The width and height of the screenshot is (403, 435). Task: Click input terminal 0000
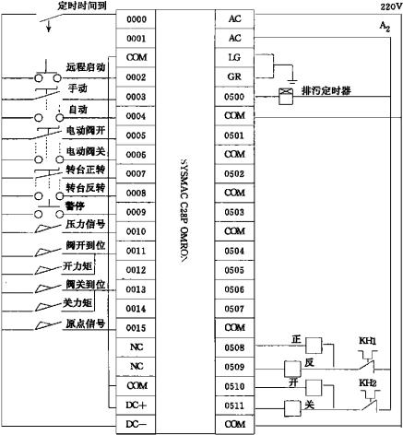136,19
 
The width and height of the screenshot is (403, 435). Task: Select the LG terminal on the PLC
234,57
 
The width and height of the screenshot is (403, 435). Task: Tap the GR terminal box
234,76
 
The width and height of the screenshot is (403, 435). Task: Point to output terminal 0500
234,97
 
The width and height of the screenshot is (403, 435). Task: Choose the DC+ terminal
136,406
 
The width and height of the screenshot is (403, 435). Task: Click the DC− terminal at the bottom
136,424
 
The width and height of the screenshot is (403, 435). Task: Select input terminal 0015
136,328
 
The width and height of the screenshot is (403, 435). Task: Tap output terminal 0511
234,406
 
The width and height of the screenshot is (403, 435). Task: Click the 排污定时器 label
326,91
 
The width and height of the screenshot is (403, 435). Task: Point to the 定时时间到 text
82,6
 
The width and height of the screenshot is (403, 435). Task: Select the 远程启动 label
86,67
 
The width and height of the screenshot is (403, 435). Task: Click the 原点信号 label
86,323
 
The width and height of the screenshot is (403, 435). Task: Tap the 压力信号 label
86,224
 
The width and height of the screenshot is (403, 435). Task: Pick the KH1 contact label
368,341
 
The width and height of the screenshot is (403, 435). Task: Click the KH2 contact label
368,383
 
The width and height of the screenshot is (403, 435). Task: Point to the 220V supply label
391,6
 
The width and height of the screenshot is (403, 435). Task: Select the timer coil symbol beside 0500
286,97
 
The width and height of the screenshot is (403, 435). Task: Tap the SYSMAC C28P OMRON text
184,211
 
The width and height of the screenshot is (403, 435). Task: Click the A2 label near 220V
385,27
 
